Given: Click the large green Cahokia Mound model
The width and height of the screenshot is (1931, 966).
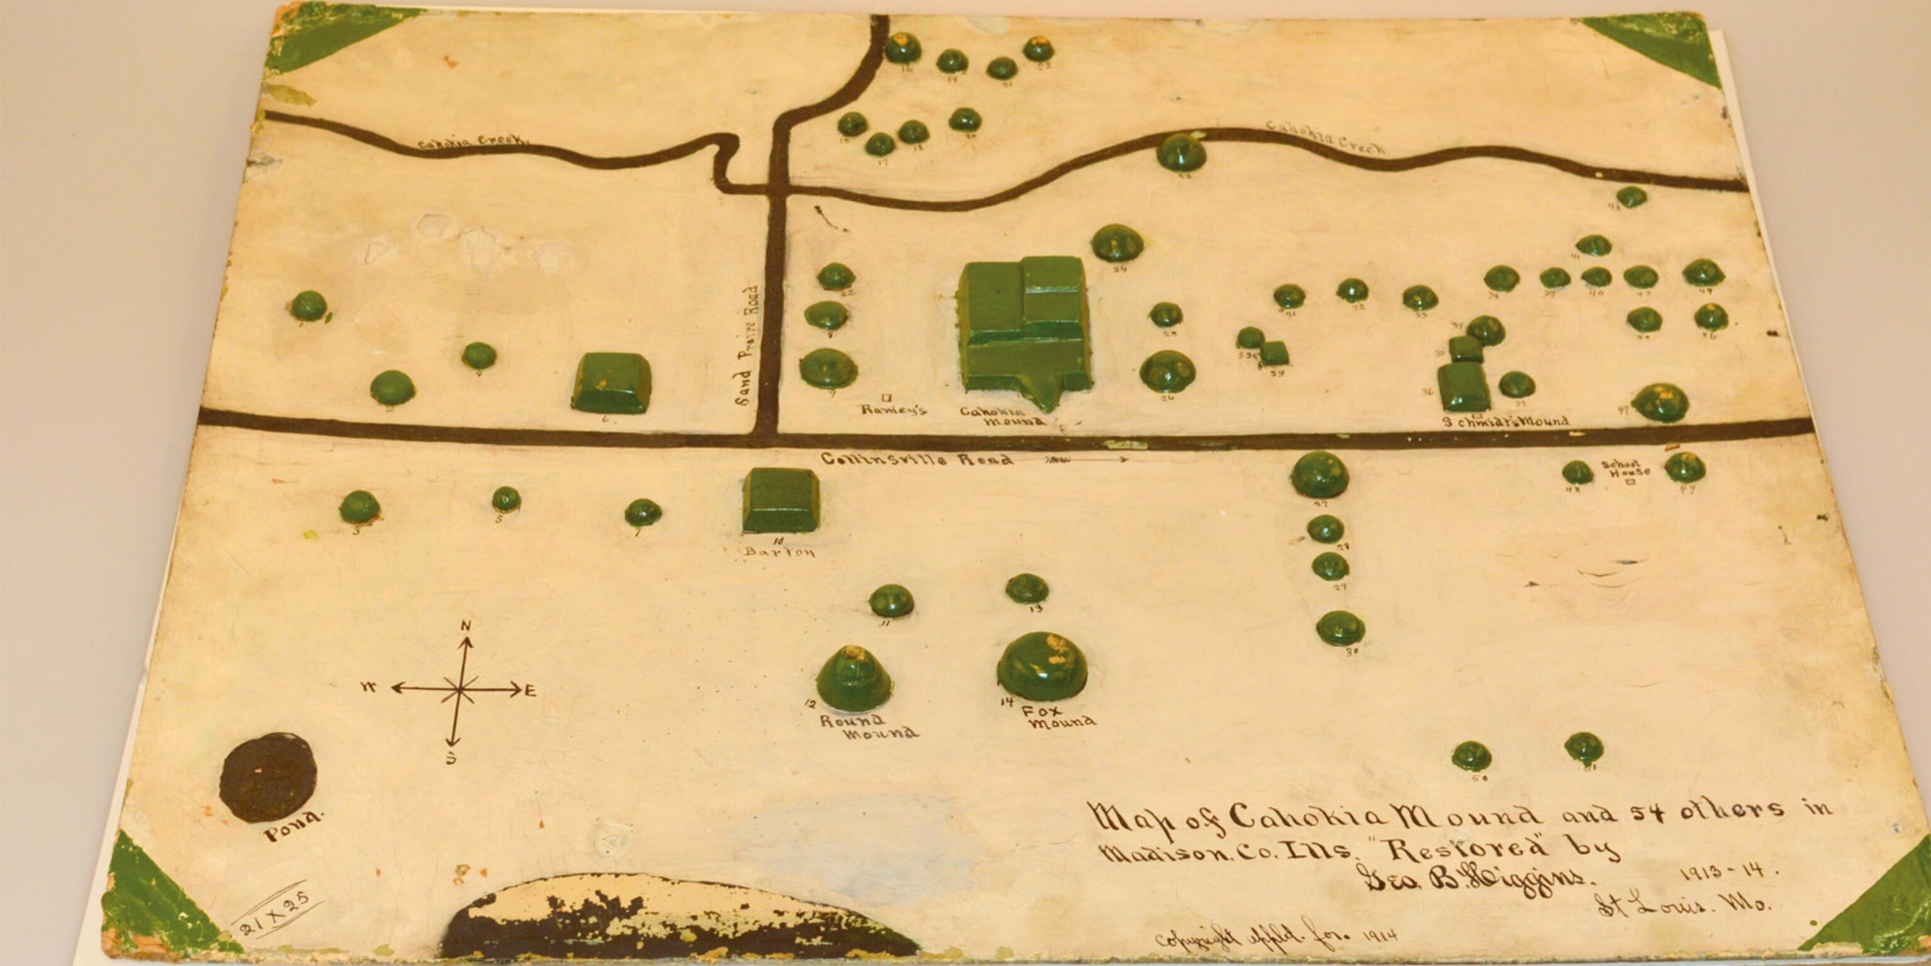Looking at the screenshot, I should (x=1024, y=326).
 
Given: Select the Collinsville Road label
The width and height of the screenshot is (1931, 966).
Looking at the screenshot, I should (x=916, y=459).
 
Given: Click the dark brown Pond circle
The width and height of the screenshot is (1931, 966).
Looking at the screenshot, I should (x=268, y=777).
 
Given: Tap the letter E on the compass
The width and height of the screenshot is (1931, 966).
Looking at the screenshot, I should (x=531, y=691).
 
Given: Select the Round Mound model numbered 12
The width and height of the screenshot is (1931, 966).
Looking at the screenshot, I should (x=854, y=679).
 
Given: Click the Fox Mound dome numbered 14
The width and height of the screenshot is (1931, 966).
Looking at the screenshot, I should (x=1042, y=666).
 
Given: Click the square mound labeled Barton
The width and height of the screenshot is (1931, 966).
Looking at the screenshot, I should (x=780, y=499).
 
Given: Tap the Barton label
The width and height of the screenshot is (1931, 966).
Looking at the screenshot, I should (x=779, y=553).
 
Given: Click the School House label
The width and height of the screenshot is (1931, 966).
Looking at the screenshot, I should (x=1627, y=468).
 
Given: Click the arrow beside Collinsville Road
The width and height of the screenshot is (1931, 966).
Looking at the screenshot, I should (x=1086, y=458).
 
